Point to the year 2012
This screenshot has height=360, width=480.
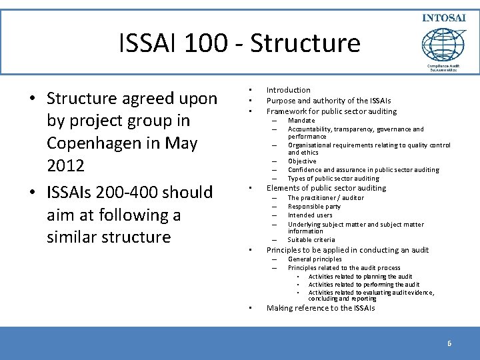pos(65,165)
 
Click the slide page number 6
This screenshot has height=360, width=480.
pos(449,343)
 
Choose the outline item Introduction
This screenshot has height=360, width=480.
pos(288,90)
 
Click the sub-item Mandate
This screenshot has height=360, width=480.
pos(301,121)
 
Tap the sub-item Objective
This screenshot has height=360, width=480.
pos(302,161)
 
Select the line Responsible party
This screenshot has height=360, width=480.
pos(314,207)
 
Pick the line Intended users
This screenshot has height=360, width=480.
pos(310,215)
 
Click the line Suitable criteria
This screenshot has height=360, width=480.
pos(311,240)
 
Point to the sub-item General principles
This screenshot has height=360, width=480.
pos(315,259)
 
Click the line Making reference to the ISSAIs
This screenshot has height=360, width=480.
pos(321,308)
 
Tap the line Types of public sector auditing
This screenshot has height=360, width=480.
pos(333,179)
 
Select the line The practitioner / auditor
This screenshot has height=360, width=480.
pos(326,198)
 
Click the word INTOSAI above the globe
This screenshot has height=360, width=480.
pos(443,17)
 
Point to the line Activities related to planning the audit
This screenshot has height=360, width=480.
pos(360,277)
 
